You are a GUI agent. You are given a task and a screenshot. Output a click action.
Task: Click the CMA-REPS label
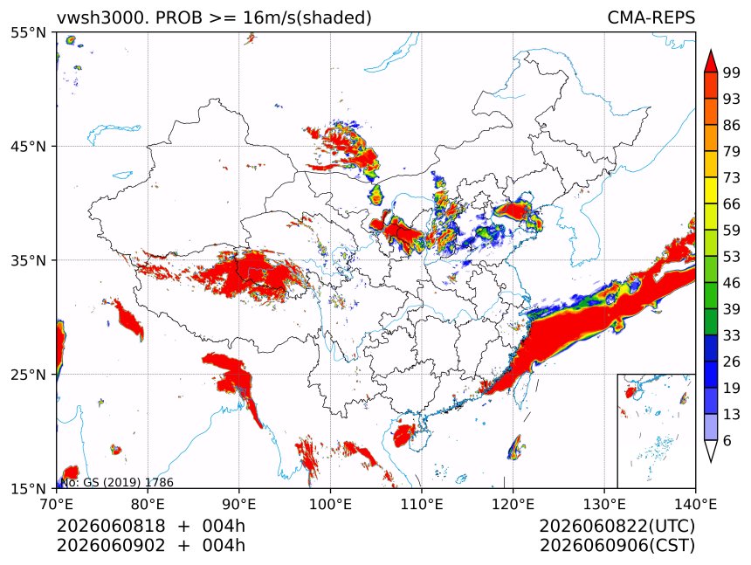point(651,17)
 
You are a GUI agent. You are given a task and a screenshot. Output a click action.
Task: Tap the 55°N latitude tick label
point(29,32)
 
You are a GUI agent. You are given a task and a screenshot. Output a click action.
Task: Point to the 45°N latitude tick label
point(29,146)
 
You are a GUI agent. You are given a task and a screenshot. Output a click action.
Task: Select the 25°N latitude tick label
point(29,374)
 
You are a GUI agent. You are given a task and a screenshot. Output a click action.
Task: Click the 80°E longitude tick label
point(148,504)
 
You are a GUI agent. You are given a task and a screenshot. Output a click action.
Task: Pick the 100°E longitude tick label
point(330,504)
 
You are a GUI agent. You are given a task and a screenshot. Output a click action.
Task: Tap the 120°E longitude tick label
point(513,504)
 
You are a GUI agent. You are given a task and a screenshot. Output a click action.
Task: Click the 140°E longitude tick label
point(695,504)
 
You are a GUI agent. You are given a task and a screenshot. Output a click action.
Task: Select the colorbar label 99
point(732,72)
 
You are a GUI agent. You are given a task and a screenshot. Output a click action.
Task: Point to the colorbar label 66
point(732,204)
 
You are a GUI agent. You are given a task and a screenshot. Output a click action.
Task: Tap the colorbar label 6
point(727,440)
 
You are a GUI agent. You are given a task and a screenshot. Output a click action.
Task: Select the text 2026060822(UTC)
point(617,526)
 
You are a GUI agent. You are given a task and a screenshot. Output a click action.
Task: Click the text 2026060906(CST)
point(617,546)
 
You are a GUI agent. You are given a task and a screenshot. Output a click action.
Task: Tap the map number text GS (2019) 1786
point(128,482)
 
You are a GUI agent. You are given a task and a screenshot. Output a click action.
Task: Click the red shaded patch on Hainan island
point(404,434)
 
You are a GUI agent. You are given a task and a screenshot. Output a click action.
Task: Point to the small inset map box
point(656,431)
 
